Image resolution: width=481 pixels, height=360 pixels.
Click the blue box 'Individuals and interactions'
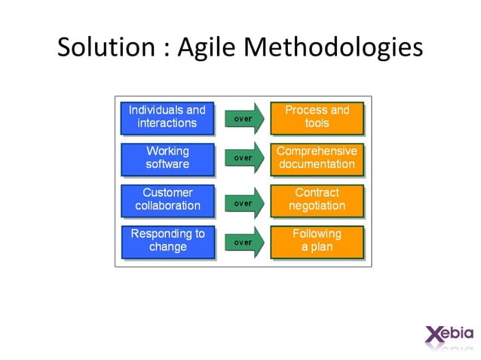click(x=167, y=117)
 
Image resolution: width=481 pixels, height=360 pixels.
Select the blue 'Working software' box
click(x=167, y=158)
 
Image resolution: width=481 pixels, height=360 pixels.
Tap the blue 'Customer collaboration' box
click(x=167, y=200)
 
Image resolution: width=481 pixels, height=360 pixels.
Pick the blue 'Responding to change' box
click(x=167, y=241)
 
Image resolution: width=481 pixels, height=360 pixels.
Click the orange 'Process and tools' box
click(x=317, y=117)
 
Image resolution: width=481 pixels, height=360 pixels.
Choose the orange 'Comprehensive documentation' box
click(x=317, y=158)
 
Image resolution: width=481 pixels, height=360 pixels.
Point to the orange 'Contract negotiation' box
click(x=317, y=200)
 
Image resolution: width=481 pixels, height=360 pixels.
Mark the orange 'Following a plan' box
click(x=317, y=241)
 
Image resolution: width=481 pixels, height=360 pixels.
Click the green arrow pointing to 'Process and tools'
click(x=244, y=118)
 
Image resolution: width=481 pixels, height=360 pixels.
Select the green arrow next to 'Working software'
click(x=244, y=158)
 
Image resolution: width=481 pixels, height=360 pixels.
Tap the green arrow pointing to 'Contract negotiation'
click(x=244, y=203)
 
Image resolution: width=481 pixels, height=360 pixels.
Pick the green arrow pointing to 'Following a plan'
click(x=244, y=243)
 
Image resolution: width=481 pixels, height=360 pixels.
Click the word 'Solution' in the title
click(x=106, y=48)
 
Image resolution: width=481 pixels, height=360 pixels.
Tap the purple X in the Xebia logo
click(x=434, y=334)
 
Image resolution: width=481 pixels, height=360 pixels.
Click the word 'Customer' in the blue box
click(x=167, y=193)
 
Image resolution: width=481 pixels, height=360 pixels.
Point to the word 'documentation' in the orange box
click(x=317, y=165)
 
